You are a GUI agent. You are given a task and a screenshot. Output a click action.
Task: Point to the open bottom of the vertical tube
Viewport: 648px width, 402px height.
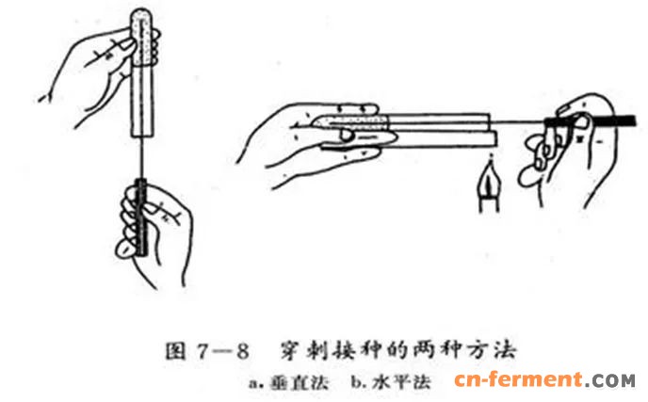[143, 135]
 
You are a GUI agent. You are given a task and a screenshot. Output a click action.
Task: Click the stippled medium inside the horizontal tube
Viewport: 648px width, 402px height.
[350, 121]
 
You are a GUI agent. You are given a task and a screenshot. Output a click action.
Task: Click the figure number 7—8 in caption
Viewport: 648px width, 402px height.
[222, 351]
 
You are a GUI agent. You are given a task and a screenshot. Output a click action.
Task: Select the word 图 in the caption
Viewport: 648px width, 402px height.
[175, 351]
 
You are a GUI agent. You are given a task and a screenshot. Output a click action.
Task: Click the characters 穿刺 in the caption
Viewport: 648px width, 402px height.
[300, 351]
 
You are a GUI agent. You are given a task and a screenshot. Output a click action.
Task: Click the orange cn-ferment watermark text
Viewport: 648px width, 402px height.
[519, 379]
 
